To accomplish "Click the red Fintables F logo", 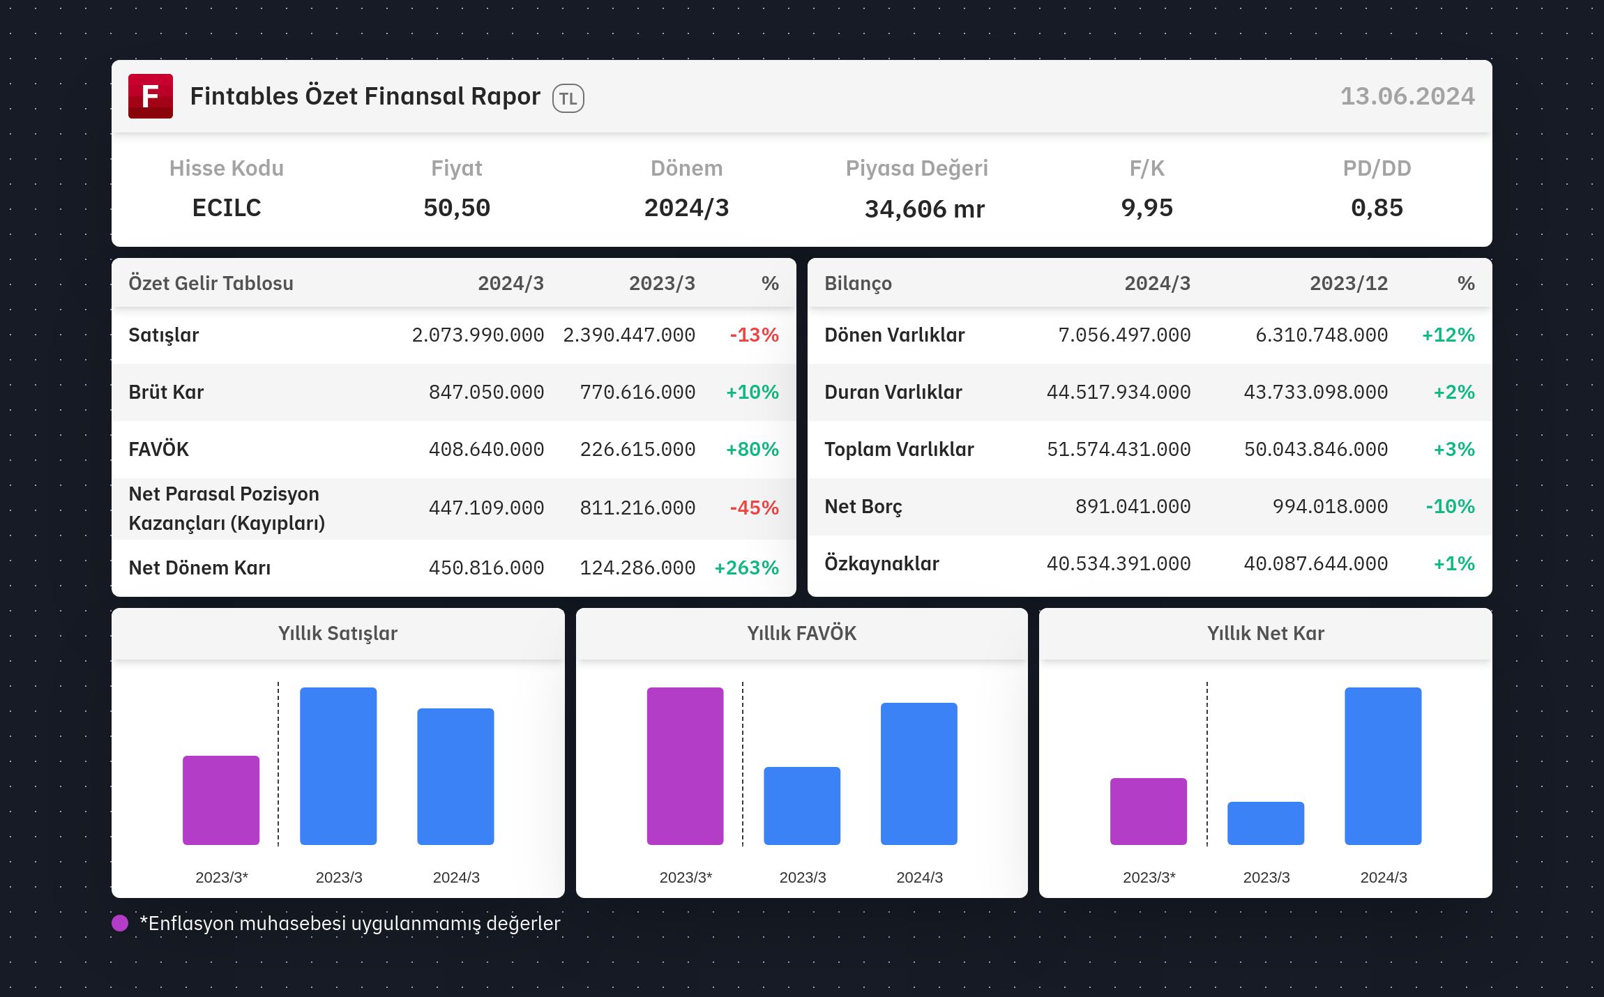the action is (x=151, y=96).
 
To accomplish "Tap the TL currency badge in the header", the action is (x=568, y=98).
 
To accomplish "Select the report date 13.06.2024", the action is (x=1407, y=96).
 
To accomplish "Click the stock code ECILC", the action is (x=227, y=208).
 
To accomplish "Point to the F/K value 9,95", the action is (x=1147, y=208).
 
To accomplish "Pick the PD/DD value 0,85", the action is (x=1377, y=208).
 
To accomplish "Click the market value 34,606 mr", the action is (x=925, y=209).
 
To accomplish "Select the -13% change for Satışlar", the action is (x=755, y=335).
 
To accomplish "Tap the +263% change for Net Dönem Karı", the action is (x=746, y=568).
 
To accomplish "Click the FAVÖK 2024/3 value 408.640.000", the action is (x=486, y=450).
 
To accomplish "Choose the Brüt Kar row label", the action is (x=166, y=393).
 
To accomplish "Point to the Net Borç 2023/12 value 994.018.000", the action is (x=1330, y=507).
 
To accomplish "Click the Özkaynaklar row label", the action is (x=882, y=563).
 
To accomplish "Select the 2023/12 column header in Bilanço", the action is (x=1349, y=284).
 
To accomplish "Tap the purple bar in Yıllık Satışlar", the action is (x=221, y=800).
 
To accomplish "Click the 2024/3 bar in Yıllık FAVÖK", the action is (x=919, y=774).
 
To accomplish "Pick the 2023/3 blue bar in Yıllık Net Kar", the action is (x=1266, y=823).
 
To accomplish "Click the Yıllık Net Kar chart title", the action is (x=1266, y=633).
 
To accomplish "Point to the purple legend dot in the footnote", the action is (x=120, y=923).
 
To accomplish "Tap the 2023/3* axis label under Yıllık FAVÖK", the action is (x=686, y=878).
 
